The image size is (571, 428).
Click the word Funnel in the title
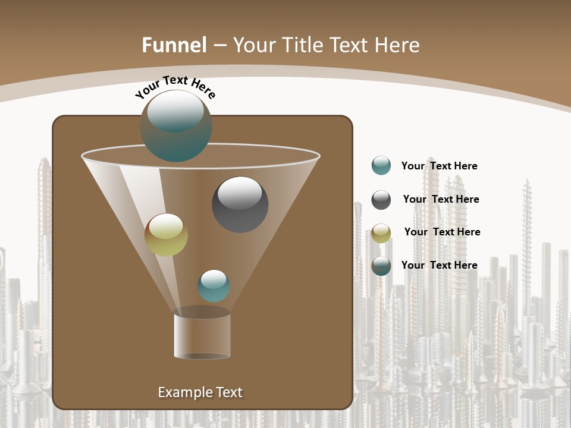click(x=174, y=45)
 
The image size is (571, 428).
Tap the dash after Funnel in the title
click(x=219, y=45)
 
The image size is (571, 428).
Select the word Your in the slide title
click(x=254, y=45)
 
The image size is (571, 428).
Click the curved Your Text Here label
click(x=175, y=87)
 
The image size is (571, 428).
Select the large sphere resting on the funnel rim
click(x=176, y=125)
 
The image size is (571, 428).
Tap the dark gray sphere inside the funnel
click(x=240, y=204)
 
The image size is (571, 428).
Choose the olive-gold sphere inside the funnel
click(x=166, y=235)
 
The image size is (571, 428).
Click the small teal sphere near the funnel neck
click(x=214, y=285)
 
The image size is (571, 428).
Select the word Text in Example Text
click(x=229, y=392)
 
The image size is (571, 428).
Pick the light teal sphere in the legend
click(x=381, y=166)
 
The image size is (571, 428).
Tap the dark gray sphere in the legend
click(x=381, y=200)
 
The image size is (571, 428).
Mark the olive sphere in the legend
click(x=381, y=232)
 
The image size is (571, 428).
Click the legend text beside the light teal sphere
click(x=439, y=166)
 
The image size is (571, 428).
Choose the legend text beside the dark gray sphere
click(x=441, y=200)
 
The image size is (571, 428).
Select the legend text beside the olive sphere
click(x=442, y=232)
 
